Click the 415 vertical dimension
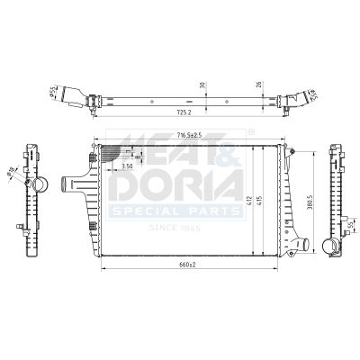[x=262, y=202]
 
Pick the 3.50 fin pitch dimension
[x=128, y=167]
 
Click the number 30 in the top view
[x=203, y=85]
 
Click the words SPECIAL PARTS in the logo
[x=175, y=212]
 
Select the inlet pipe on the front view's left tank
[x=70, y=185]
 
